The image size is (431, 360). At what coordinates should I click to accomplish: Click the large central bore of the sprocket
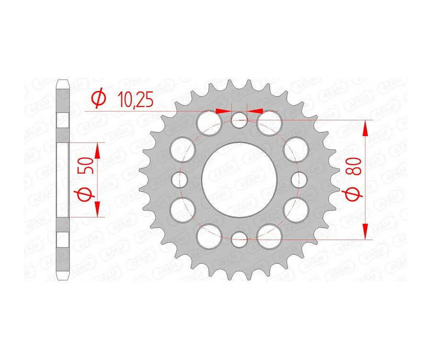pyautogui.click(x=238, y=179)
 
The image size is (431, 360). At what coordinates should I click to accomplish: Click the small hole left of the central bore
pyautogui.click(x=179, y=179)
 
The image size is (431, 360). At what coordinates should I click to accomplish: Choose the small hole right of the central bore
pyautogui.click(x=298, y=179)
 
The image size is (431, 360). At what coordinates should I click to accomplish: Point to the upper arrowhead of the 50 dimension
pyautogui.click(x=98, y=150)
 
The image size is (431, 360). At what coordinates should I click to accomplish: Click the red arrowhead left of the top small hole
pyautogui.click(x=224, y=111)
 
